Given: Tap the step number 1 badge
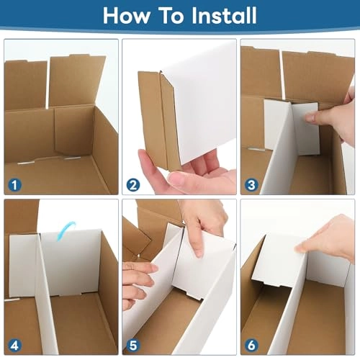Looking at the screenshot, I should pos(14,186).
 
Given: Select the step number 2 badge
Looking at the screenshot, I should pos(132,186).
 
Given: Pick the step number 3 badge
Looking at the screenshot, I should pos(251,186).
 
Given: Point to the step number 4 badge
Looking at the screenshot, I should pos(14,344).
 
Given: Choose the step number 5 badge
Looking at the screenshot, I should pos(132,344).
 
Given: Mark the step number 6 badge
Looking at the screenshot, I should pos(251,344).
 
